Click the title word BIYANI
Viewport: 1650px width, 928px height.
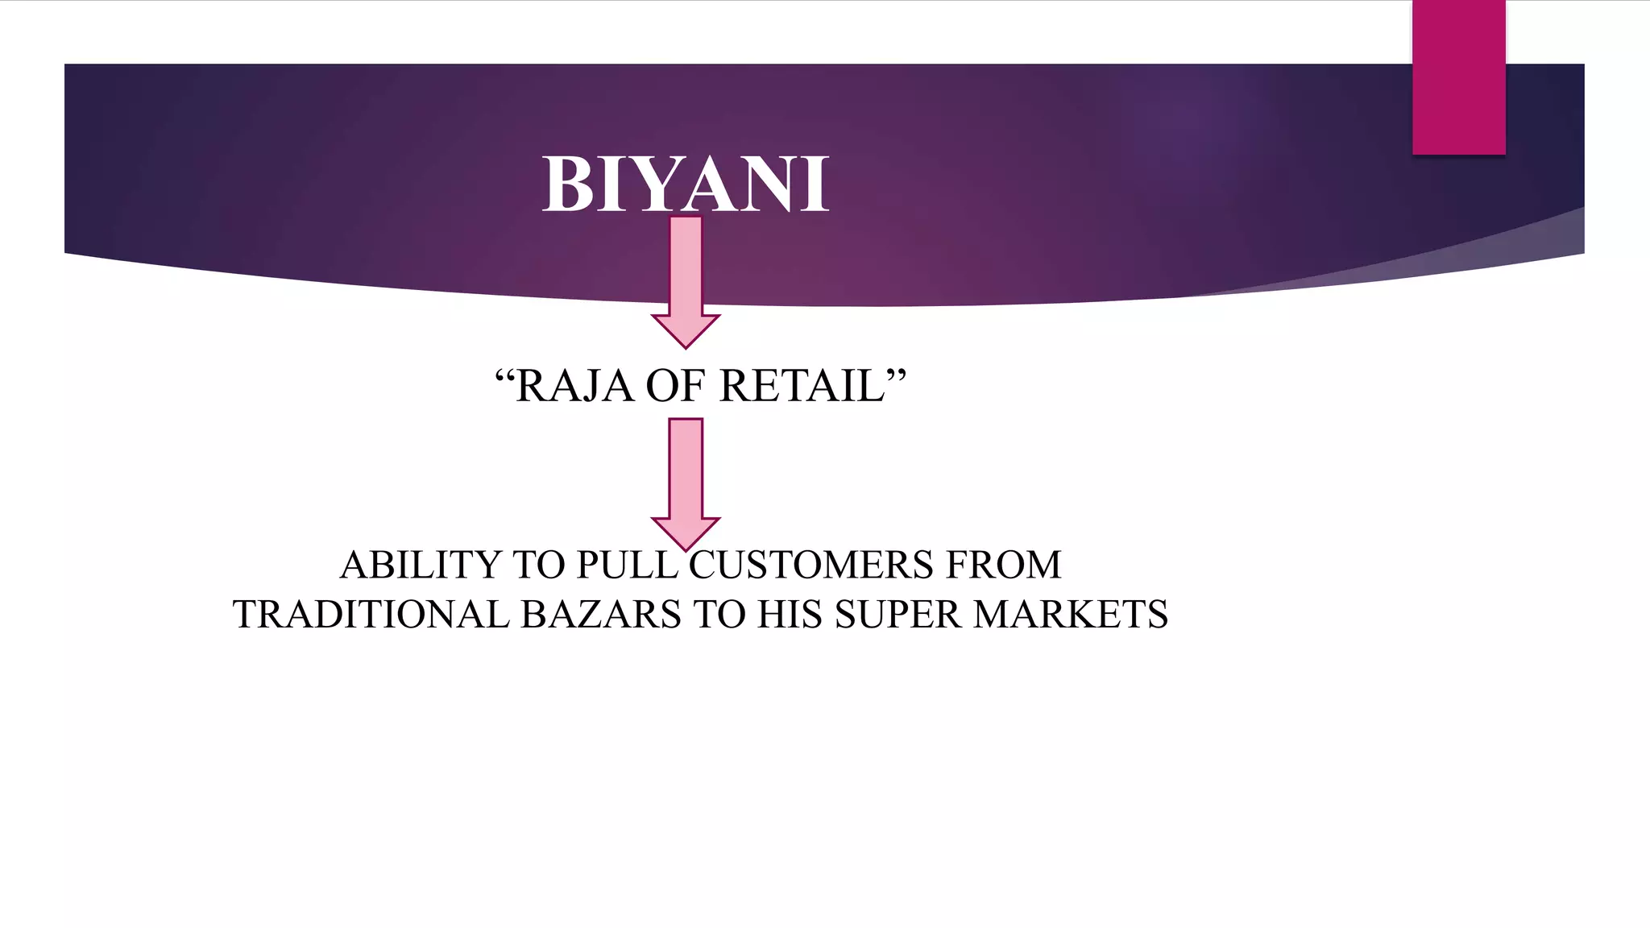686,184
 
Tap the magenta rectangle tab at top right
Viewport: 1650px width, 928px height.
1458,77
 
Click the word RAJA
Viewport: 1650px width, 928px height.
574,386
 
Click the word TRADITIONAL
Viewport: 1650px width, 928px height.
371,615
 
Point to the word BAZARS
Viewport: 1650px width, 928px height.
601,615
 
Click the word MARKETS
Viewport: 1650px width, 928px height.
1071,615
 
